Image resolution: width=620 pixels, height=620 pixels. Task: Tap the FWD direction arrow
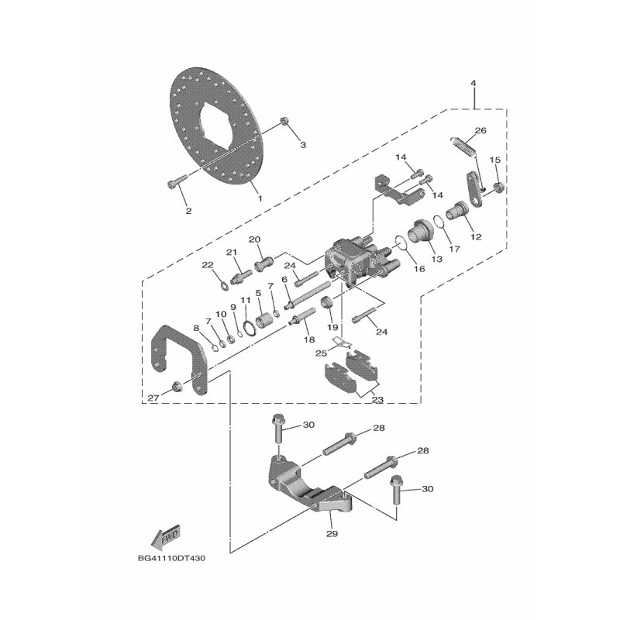pyautogui.click(x=166, y=538)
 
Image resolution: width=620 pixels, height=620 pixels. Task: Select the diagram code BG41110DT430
pyautogui.click(x=171, y=559)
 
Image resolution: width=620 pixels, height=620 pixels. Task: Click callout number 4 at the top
pyautogui.click(x=474, y=83)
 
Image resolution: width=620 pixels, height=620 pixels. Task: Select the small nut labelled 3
pyautogui.click(x=284, y=121)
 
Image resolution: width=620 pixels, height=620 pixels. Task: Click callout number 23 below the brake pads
pyautogui.click(x=377, y=400)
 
